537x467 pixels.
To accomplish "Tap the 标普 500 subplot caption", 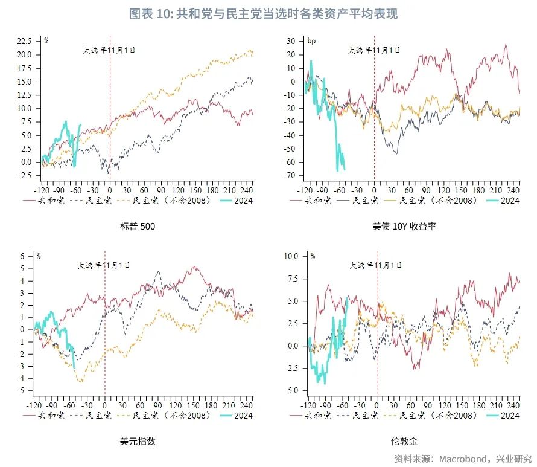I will [138, 227].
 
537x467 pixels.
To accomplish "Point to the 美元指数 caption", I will [138, 441].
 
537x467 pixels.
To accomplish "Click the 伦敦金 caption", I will [404, 441].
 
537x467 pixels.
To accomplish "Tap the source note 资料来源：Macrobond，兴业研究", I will [463, 458].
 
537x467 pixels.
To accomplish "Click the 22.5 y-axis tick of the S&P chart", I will [24, 41].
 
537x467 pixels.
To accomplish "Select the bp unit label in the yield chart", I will [311, 41].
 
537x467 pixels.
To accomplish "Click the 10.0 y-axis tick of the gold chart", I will [291, 256].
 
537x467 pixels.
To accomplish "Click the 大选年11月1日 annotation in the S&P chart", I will [109, 50].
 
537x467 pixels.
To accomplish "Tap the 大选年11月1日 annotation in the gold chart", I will [376, 265].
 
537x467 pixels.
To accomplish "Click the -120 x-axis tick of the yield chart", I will [307, 190].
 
